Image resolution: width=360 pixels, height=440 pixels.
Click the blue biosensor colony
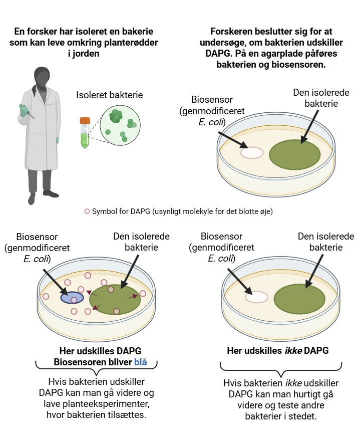click(71, 297)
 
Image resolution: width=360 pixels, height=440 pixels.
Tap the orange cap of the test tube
click(85, 121)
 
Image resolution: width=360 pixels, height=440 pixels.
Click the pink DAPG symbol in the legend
click(87, 211)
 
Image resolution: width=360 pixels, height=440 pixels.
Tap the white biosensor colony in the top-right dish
click(252, 152)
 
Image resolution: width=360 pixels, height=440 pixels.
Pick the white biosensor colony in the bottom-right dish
click(256, 297)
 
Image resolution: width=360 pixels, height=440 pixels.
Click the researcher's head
click(41, 77)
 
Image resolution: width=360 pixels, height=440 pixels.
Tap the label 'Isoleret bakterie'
click(110, 95)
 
